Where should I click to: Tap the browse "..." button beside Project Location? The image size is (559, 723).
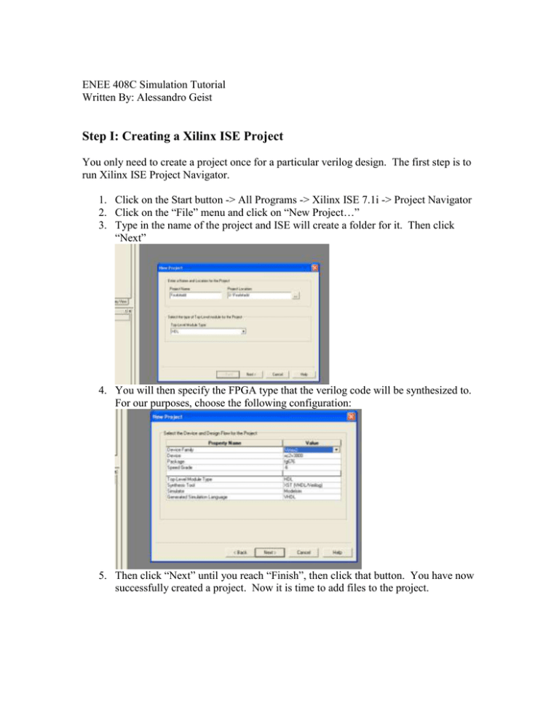point(296,296)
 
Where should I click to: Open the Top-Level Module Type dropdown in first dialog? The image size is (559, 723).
point(243,331)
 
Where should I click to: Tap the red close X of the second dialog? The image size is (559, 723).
point(351,416)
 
